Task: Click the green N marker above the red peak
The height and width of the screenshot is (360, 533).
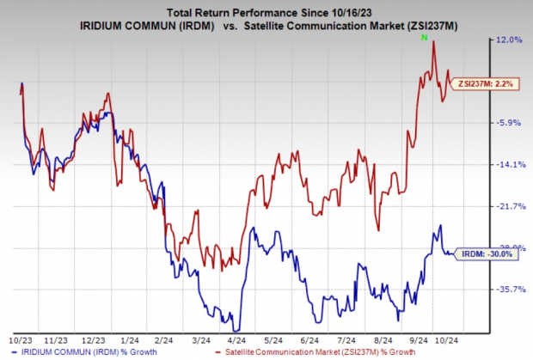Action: (x=423, y=38)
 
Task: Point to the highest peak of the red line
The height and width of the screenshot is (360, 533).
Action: (x=434, y=43)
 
